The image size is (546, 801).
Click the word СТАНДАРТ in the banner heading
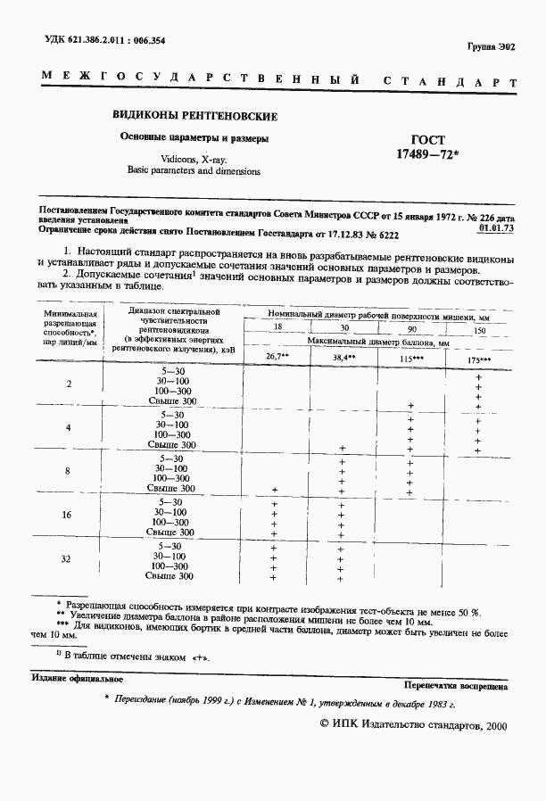click(x=450, y=82)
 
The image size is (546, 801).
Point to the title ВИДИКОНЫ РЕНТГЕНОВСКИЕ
click(x=194, y=116)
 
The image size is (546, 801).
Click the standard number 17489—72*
click(x=427, y=155)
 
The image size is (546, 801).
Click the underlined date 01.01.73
click(x=496, y=228)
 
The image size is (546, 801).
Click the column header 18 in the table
click(x=277, y=329)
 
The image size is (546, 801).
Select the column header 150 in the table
click(x=479, y=329)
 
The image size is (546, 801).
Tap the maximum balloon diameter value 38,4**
click(x=343, y=357)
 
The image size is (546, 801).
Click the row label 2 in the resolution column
click(x=70, y=384)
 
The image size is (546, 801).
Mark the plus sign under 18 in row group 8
click(x=275, y=489)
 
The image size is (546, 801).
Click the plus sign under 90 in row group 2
click(x=410, y=406)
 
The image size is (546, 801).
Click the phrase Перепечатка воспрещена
click(x=455, y=687)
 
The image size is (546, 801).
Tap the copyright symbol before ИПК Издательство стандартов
click(x=324, y=726)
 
